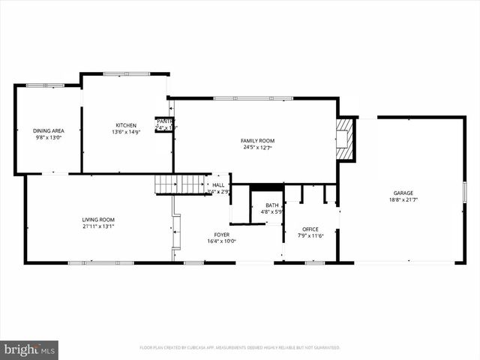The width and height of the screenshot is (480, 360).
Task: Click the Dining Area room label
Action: click(48, 130)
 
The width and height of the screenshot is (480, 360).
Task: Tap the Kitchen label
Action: click(126, 125)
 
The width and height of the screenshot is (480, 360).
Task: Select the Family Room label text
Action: click(257, 141)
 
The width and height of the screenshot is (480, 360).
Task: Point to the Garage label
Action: click(403, 193)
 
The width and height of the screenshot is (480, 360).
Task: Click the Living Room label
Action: click(98, 220)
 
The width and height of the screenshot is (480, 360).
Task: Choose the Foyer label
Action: click(221, 235)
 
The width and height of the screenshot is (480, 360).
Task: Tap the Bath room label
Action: click(271, 205)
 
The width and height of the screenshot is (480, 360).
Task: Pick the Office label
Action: click(310, 229)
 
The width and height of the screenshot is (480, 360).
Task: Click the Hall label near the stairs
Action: click(218, 184)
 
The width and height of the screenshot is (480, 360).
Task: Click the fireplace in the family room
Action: click(344, 138)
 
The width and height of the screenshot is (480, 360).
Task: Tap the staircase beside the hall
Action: click(180, 184)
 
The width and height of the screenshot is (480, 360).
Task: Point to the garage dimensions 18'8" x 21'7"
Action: click(403, 200)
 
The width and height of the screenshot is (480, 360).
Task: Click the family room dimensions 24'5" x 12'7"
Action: click(257, 148)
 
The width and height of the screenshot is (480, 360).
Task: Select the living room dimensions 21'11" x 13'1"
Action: click(98, 226)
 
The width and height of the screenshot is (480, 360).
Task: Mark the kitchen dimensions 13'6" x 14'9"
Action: click(126, 132)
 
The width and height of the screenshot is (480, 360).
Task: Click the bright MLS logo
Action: click(29, 349)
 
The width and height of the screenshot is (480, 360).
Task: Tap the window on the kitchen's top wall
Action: click(126, 73)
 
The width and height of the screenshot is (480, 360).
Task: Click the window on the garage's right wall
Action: click(464, 191)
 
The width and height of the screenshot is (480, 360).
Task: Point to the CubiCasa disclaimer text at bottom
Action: click(240, 347)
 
